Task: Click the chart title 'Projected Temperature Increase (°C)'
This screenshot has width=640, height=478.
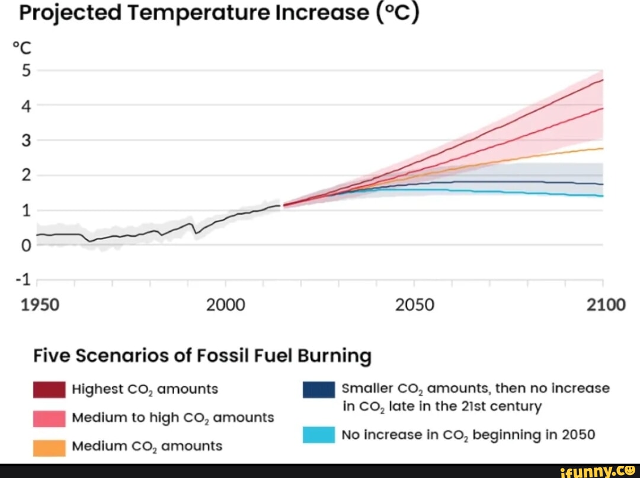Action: [219, 13]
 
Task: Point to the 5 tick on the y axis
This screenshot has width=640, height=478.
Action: [25, 71]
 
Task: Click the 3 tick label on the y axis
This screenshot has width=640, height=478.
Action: [25, 141]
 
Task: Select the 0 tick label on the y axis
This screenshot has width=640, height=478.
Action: [25, 245]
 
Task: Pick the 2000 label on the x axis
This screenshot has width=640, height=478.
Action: [225, 305]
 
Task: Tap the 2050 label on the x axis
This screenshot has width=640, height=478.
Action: [415, 305]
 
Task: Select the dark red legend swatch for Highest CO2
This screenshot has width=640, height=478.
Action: [49, 390]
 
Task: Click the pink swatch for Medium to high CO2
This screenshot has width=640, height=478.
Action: [49, 418]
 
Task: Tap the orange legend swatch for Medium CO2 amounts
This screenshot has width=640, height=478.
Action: [49, 446]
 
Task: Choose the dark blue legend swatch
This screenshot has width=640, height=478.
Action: [319, 390]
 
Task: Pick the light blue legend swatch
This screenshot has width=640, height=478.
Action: [319, 435]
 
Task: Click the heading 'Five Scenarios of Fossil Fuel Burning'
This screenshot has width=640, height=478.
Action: [202, 356]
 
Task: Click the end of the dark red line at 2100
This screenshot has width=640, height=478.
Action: [602, 79]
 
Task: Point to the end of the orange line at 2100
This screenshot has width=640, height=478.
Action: [602, 148]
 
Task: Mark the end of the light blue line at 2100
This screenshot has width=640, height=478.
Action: [602, 196]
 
